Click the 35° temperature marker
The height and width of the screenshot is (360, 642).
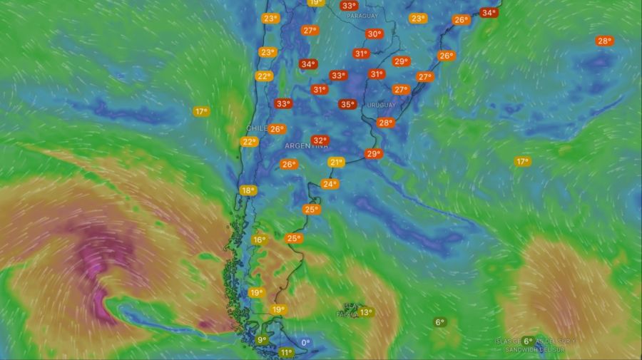[347, 104]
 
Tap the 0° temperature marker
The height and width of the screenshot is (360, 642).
[305, 343]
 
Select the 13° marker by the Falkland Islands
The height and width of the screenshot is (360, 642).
[365, 312]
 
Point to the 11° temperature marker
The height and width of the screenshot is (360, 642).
[286, 352]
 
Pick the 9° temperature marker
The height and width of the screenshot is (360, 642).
[263, 340]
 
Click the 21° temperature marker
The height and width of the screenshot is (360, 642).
[336, 163]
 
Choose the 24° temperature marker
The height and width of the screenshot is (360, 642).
[329, 184]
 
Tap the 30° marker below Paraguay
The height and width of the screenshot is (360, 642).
[374, 34]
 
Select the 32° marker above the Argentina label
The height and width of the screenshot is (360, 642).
[320, 140]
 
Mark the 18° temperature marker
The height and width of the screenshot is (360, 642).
[248, 190]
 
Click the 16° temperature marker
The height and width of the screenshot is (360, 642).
[259, 240]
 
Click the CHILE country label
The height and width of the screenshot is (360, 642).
[256, 128]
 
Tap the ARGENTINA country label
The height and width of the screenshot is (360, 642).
[306, 146]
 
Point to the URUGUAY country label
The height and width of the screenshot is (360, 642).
[381, 105]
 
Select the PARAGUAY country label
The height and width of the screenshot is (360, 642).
[362, 15]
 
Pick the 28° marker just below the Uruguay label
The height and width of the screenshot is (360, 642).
[385, 123]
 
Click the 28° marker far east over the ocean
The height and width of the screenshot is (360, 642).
[605, 41]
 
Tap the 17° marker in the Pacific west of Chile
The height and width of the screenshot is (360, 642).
[201, 111]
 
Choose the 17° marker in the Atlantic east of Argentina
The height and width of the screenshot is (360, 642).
[523, 162]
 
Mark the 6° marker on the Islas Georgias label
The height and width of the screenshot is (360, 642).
[528, 341]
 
